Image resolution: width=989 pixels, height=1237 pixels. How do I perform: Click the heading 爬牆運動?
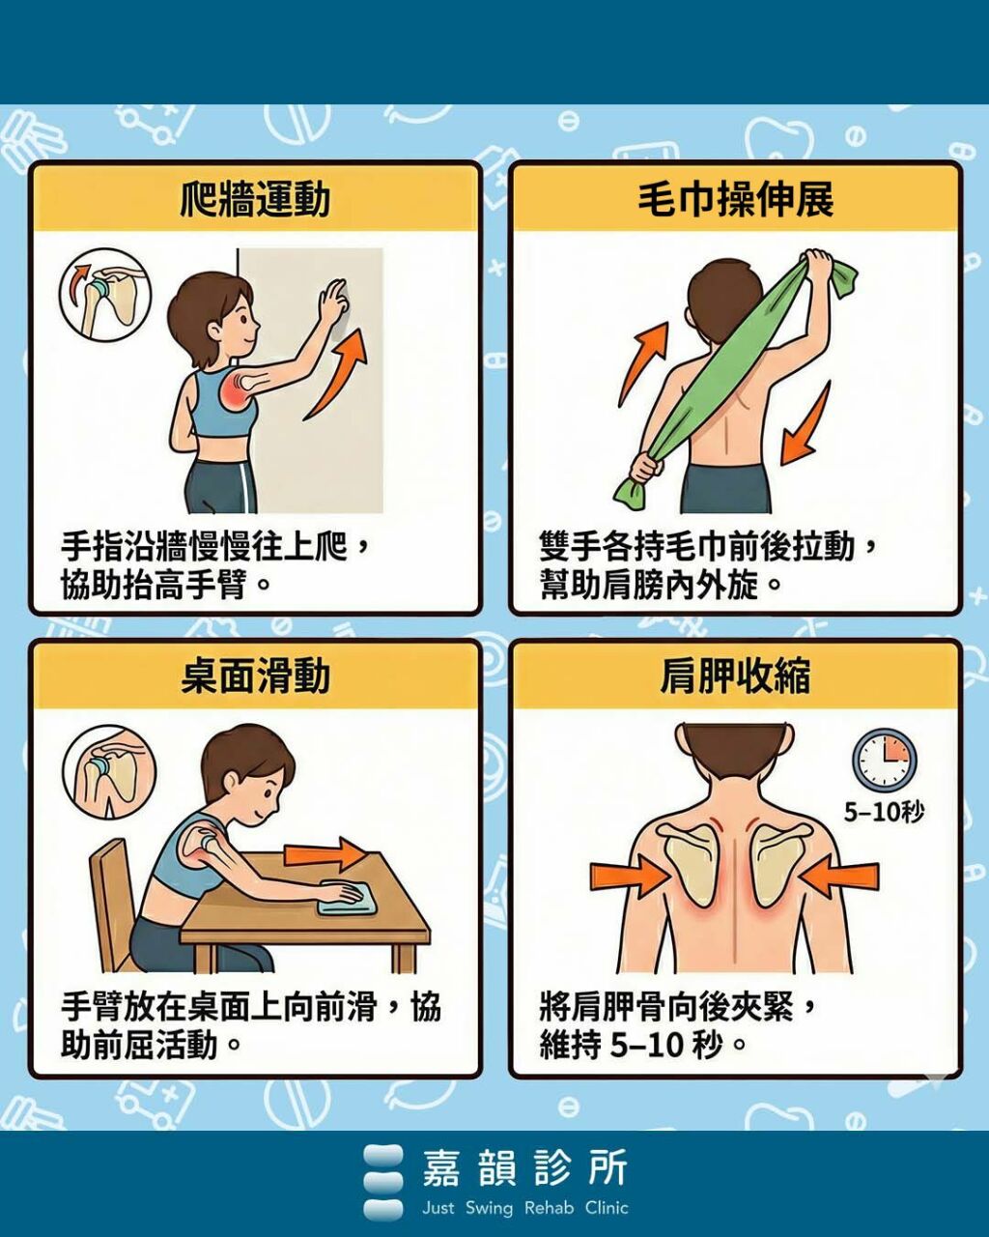point(255,199)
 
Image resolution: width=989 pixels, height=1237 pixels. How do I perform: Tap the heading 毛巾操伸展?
point(735,199)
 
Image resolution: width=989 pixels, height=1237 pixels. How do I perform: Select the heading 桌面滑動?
point(255,676)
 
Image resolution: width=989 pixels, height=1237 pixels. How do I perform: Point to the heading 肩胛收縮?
point(735,676)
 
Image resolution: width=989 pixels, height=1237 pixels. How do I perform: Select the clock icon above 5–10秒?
point(884,760)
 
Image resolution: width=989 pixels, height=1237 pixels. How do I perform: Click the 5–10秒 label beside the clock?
point(884,812)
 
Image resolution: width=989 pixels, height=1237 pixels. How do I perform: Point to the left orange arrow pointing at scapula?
point(629,877)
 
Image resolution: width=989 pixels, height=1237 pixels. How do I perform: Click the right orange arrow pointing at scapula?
point(839,877)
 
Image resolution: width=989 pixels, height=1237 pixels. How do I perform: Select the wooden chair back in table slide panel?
point(112,899)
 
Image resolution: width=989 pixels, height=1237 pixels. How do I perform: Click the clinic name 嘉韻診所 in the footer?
point(524,1168)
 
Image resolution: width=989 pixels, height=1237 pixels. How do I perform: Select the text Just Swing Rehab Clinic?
point(524,1208)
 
